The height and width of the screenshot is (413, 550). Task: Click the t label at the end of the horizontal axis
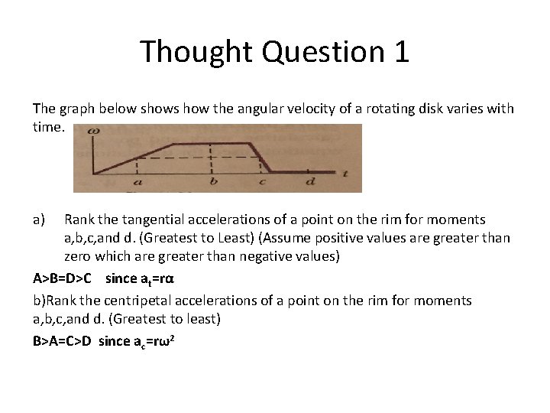(346, 174)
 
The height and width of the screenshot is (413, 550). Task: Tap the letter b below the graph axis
(212, 182)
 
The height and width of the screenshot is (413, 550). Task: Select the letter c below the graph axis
(262, 182)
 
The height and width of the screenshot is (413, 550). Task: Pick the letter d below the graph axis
(309, 182)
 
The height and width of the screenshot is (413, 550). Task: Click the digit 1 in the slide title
(399, 52)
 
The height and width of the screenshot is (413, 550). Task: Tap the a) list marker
(40, 220)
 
